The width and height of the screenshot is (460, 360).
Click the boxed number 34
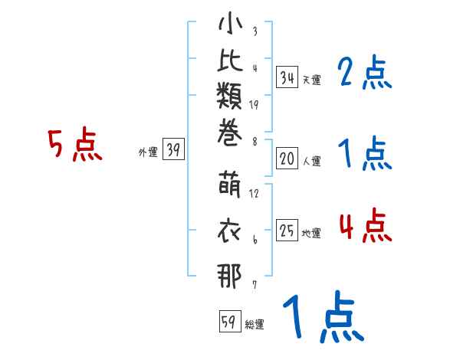pos(287,77)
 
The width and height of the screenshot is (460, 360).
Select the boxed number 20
pos(287,159)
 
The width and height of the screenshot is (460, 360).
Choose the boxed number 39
pos(173,150)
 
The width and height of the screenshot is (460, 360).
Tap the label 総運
pos(254,325)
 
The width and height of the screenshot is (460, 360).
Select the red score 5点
pos(74,146)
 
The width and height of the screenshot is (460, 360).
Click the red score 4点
pos(365,226)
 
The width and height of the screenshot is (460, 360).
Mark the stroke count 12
pos(254,193)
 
